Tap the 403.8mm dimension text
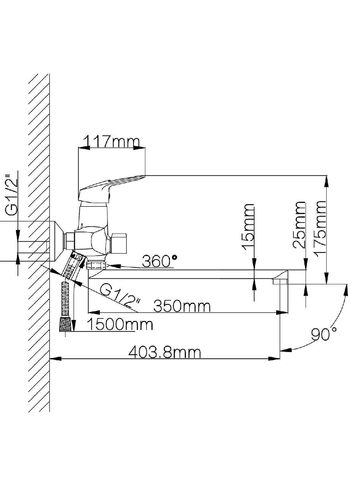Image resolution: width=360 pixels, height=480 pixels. click(164, 352)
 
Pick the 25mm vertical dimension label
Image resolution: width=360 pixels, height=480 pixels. click(299, 225)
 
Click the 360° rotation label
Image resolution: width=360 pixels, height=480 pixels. click(159, 261)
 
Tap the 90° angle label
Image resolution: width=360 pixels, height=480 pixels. click(324, 334)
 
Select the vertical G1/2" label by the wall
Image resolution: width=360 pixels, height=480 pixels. click(11, 195)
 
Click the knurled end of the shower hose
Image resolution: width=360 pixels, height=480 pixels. click(66, 324)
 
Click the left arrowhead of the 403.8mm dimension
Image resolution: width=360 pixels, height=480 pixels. click(55, 359)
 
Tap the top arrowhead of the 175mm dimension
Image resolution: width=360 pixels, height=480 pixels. click(327, 181)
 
